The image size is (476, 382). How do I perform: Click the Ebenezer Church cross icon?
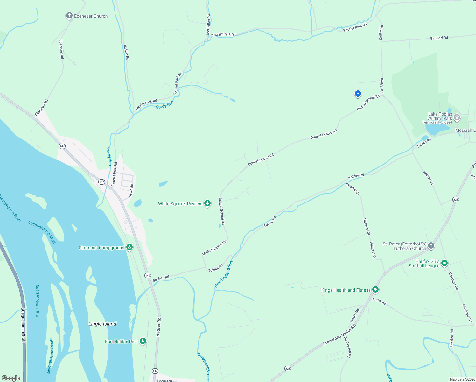pos(69,16)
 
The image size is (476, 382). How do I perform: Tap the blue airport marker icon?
pos(358,94)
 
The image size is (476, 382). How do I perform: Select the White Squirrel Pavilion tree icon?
pos(207,203)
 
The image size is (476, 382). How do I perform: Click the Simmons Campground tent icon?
pos(129,247)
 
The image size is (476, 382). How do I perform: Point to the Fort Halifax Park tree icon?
pos(143,341)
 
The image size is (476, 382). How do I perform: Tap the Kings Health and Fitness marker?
pos(375,290)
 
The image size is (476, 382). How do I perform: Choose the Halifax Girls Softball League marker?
pos(445,263)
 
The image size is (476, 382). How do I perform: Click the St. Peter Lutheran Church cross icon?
pos(431,245)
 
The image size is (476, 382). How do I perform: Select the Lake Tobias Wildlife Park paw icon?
pos(457,117)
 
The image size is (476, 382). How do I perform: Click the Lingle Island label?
pos(102,324)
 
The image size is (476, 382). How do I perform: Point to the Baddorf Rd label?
pos(439,38)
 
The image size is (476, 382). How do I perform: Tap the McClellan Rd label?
pos(208,25)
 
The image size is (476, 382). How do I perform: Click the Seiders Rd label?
pos(161,279)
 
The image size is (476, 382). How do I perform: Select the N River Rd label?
pos(158,327)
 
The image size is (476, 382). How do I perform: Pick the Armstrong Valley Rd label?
pos(339,335)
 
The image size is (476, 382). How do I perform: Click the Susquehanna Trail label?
pos(23,325)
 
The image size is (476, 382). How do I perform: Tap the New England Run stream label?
pos(224,274)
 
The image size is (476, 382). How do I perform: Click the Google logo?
pos(11,378)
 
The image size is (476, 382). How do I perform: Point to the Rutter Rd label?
pos(379,301)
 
